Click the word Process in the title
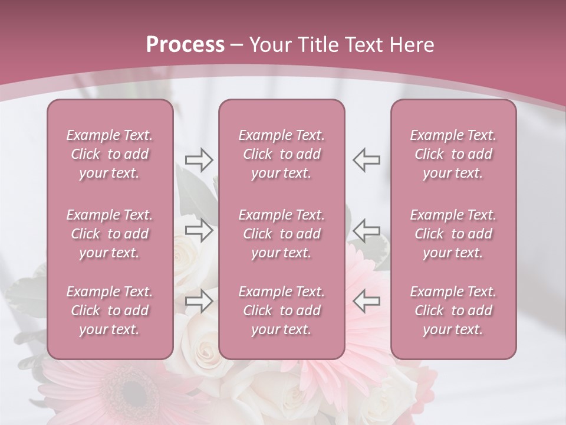tap(185, 45)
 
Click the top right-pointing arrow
tap(199, 160)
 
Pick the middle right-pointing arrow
tap(199, 230)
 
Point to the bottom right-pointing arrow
tap(199, 301)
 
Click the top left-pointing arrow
tap(367, 160)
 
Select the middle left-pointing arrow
tap(367, 230)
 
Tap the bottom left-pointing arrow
tap(367, 301)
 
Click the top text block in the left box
tap(110, 154)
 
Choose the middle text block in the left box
tap(110, 234)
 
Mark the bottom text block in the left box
tap(110, 310)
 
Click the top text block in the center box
tap(282, 154)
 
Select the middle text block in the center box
tap(282, 234)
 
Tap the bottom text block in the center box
tap(282, 310)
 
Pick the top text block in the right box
tap(453, 154)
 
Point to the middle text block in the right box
tap(453, 234)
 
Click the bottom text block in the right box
tap(453, 310)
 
